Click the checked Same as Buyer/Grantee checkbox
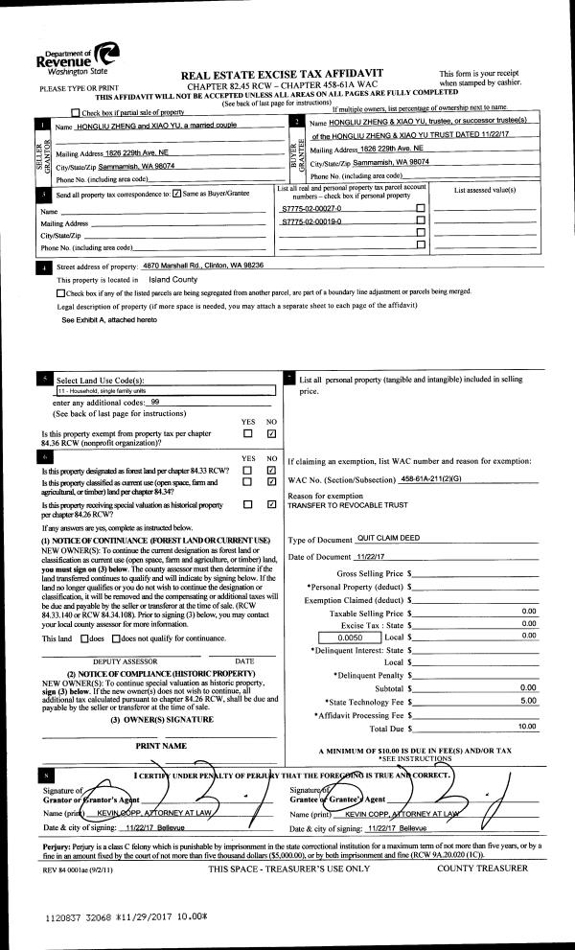tap(175, 195)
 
